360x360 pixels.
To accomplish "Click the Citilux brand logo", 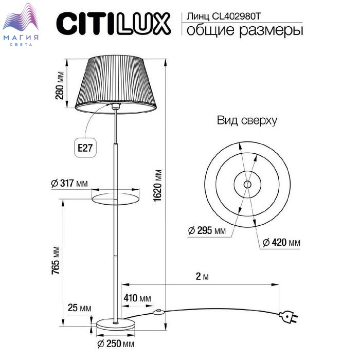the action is point(114,24).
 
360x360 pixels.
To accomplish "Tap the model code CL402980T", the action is point(236,16).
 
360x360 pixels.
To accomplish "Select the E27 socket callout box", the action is point(85,148).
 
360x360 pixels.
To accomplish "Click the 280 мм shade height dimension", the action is point(60,85).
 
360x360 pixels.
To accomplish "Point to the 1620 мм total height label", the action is point(158,186).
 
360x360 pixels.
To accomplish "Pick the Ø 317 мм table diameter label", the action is point(69,183).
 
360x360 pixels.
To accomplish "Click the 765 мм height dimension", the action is point(56,260).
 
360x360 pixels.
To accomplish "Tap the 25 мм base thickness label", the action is point(79,308).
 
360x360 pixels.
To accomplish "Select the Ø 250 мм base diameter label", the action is point(116,344).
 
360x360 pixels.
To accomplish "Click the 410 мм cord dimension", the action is point(137,298).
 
